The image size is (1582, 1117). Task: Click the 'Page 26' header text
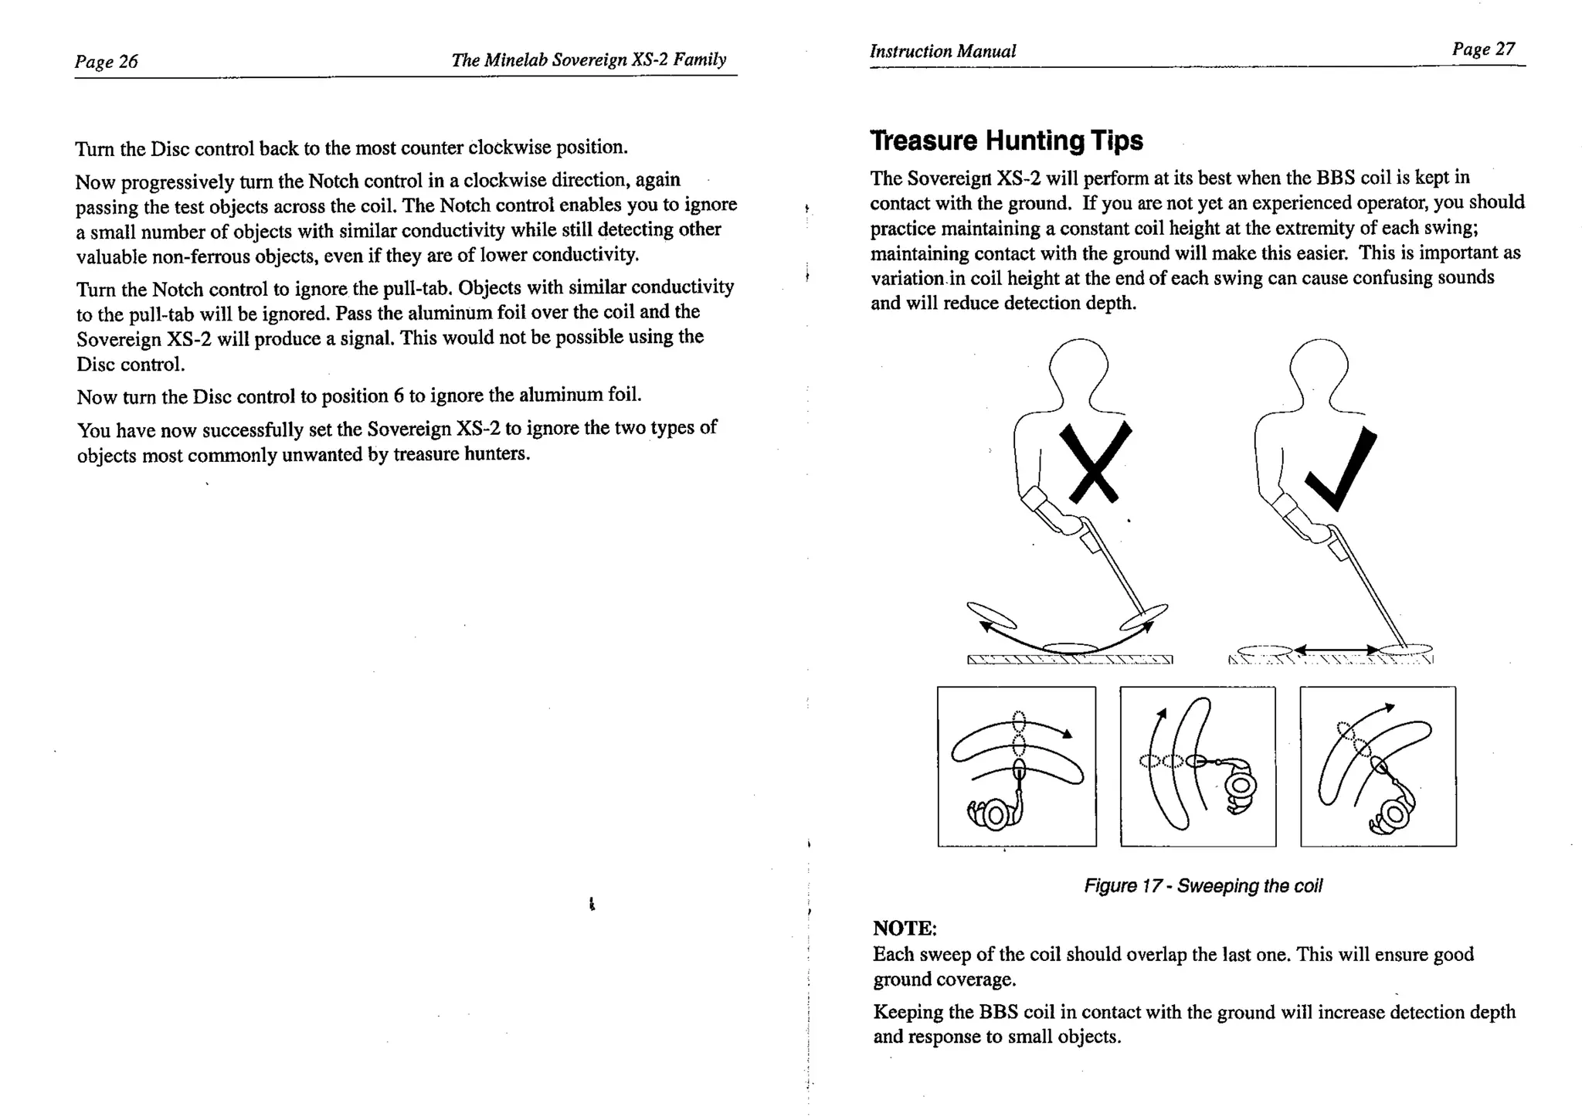point(106,61)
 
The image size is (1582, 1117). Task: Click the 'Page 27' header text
point(1483,49)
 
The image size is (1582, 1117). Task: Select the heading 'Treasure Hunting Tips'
point(1006,141)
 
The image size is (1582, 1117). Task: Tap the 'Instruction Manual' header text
point(942,51)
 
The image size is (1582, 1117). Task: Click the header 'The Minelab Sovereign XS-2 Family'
point(589,59)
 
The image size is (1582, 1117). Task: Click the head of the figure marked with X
point(1079,368)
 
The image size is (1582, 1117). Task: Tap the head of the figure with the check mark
point(1319,368)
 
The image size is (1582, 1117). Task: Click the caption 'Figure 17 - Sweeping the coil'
point(1203,886)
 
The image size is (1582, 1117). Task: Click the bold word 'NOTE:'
point(905,928)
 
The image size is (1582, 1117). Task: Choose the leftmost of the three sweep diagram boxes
point(1017,766)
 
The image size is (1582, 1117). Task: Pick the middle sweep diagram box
point(1197,766)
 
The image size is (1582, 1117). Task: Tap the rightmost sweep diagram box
point(1378,766)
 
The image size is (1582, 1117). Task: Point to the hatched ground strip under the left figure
point(1070,660)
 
